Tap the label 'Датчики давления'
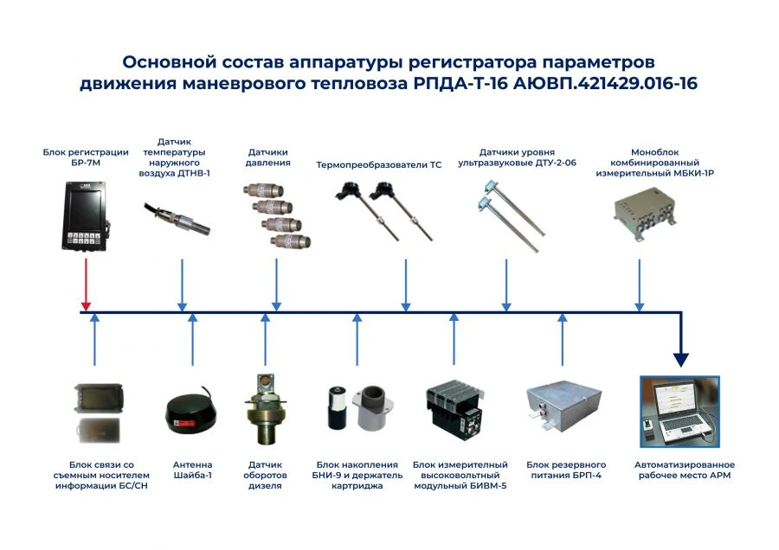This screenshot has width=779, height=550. point(268,157)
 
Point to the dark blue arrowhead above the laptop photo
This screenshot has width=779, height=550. point(681,356)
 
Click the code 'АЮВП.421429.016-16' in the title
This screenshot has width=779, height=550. point(606,84)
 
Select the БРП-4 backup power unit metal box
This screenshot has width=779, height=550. point(563,405)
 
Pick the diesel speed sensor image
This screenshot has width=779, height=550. point(265,407)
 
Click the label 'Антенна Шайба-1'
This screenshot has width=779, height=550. point(192,470)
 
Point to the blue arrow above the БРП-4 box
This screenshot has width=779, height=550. point(563,339)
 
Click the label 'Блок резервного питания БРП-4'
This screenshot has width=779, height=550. point(565,470)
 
